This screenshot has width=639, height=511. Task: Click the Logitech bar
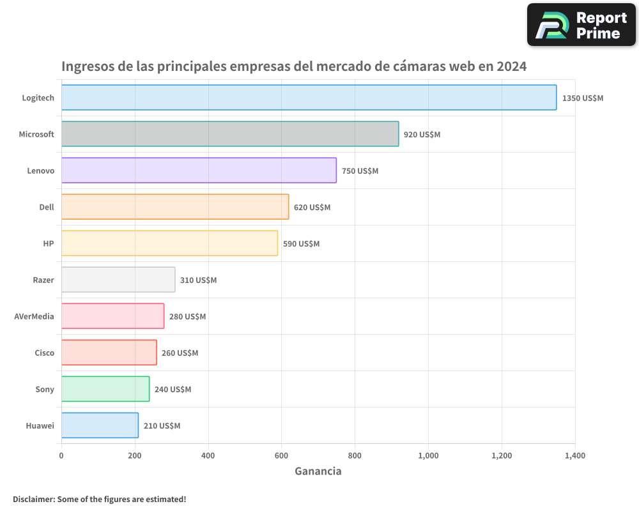309,98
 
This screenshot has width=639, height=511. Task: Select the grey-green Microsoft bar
230,134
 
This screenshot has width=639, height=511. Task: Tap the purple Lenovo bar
199,171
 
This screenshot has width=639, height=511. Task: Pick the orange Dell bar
175,207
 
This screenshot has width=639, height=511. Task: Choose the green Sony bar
105,389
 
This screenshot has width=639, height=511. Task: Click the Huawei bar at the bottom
100,425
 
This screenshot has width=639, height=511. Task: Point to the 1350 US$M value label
582,98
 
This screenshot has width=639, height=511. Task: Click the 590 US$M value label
301,244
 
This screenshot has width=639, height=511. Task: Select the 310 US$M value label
198,280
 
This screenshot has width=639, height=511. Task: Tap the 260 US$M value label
180,353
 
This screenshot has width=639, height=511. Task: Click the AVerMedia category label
34,316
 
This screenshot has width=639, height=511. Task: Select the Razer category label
43,280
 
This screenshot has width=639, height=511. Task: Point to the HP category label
49,243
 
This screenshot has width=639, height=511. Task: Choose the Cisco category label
44,353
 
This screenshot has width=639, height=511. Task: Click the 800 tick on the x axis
355,455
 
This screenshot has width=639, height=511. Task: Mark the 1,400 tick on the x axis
574,455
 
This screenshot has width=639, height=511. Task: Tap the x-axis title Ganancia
318,471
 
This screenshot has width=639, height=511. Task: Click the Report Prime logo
581,25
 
